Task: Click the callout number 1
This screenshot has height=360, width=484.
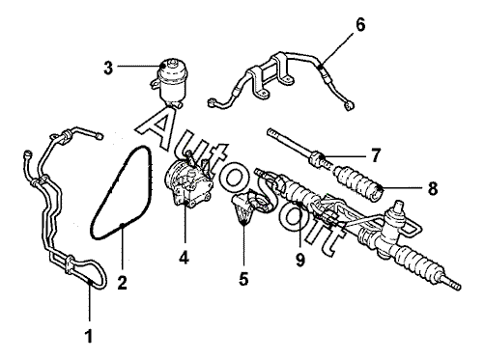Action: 89,336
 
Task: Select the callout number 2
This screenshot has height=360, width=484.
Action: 122,283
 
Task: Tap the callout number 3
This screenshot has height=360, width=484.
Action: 108,68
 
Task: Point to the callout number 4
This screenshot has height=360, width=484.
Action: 185,258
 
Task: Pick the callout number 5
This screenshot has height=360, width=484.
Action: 243,279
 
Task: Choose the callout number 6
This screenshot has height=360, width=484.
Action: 360,25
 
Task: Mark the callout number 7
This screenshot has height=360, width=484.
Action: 375,155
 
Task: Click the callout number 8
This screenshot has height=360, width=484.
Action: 433,188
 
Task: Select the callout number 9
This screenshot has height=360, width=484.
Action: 300,260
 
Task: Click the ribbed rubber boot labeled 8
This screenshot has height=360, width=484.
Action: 358,183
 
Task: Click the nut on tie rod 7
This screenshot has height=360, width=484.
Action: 316,158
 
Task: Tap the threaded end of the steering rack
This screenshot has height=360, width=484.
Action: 451,283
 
